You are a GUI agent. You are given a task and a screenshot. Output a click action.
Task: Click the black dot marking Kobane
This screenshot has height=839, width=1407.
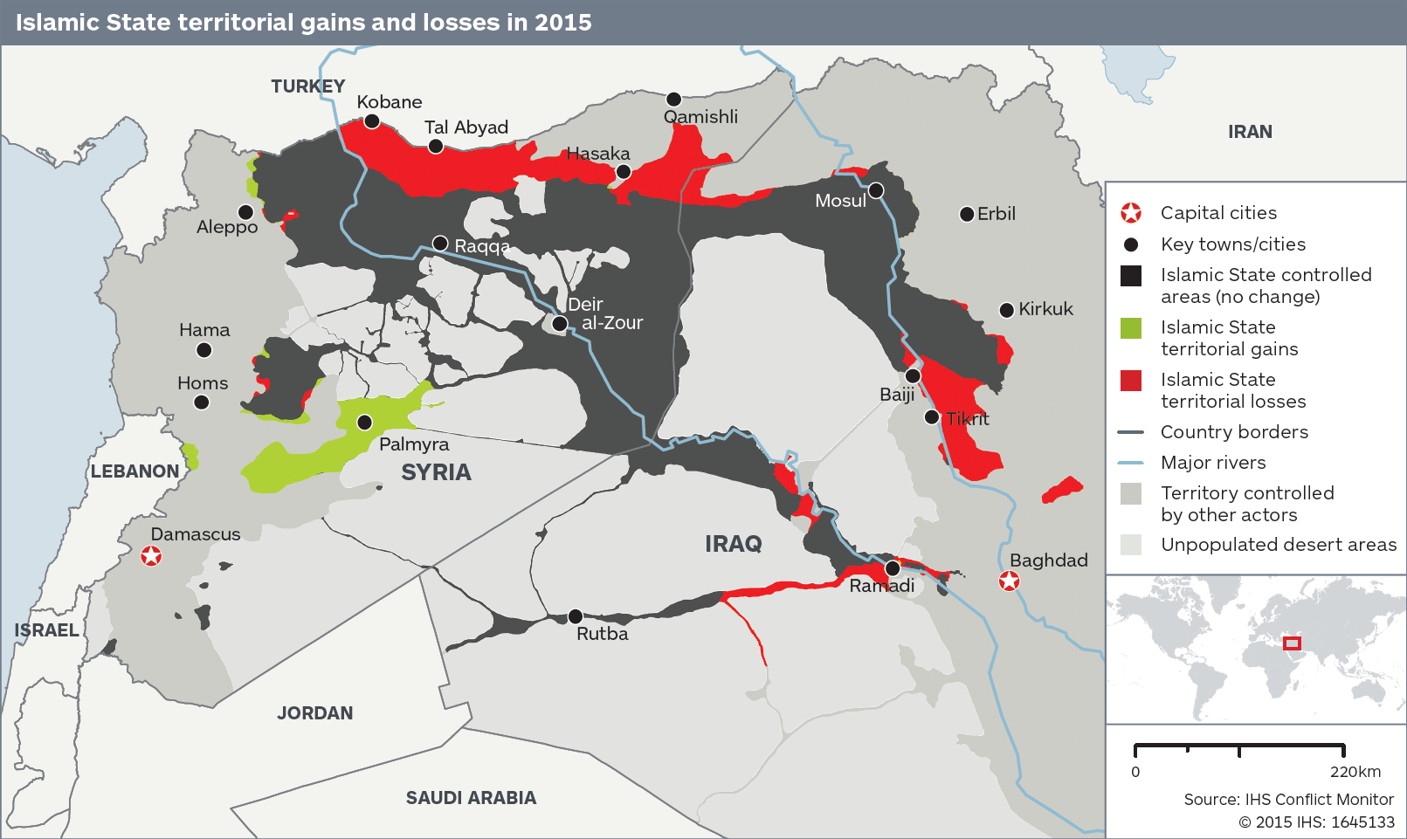pyautogui.click(x=371, y=121)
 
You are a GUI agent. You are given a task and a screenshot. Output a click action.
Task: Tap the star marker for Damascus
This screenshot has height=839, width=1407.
pyautogui.click(x=151, y=555)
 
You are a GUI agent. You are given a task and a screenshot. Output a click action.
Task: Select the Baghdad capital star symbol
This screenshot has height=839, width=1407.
pyautogui.click(x=1009, y=581)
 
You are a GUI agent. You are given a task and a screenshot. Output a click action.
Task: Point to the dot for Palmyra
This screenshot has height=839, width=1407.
pyautogui.click(x=365, y=423)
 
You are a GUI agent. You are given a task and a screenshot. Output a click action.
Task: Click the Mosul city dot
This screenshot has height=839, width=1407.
pyautogui.click(x=876, y=190)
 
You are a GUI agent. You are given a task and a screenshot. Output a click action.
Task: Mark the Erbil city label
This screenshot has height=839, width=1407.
pyautogui.click(x=996, y=214)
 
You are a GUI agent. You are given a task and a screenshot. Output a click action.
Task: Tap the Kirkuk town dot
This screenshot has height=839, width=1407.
pyautogui.click(x=1006, y=310)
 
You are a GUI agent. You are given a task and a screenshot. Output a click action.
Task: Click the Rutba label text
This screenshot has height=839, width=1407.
pyautogui.click(x=602, y=634)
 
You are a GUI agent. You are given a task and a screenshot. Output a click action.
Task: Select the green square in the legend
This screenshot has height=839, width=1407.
pyautogui.click(x=1131, y=328)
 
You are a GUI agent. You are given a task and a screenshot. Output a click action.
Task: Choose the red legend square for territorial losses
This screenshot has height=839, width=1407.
pyautogui.click(x=1131, y=381)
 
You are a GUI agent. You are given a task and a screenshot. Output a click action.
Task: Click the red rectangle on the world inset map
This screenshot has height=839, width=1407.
pyautogui.click(x=1292, y=643)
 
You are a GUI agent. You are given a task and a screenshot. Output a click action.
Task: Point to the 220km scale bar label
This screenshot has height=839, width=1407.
pyautogui.click(x=1355, y=772)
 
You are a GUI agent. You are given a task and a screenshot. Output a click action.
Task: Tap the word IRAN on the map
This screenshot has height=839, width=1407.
pyautogui.click(x=1250, y=132)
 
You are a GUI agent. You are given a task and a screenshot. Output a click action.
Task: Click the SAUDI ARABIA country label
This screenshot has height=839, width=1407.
pyautogui.click(x=471, y=798)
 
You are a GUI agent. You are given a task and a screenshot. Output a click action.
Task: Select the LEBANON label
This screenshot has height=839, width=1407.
pyautogui.click(x=134, y=471)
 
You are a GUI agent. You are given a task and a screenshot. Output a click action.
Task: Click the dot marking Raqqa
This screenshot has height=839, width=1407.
pyautogui.click(x=440, y=244)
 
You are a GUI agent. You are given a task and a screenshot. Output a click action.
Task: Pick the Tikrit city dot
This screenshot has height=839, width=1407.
pyautogui.click(x=932, y=417)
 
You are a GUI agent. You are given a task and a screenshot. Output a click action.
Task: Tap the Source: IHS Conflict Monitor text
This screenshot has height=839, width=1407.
pyautogui.click(x=1288, y=800)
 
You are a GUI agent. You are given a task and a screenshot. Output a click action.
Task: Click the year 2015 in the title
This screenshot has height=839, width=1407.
pyautogui.click(x=563, y=23)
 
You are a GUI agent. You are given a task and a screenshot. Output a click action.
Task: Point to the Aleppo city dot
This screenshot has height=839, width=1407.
pyautogui.click(x=246, y=212)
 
